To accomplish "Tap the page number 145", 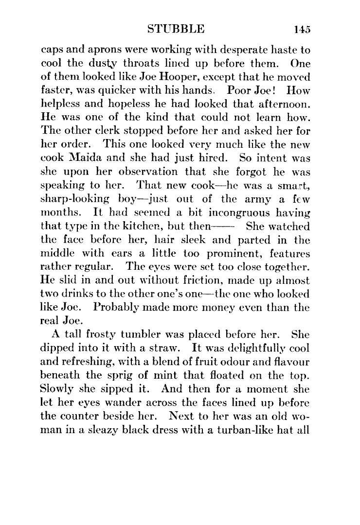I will coord(302,29).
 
